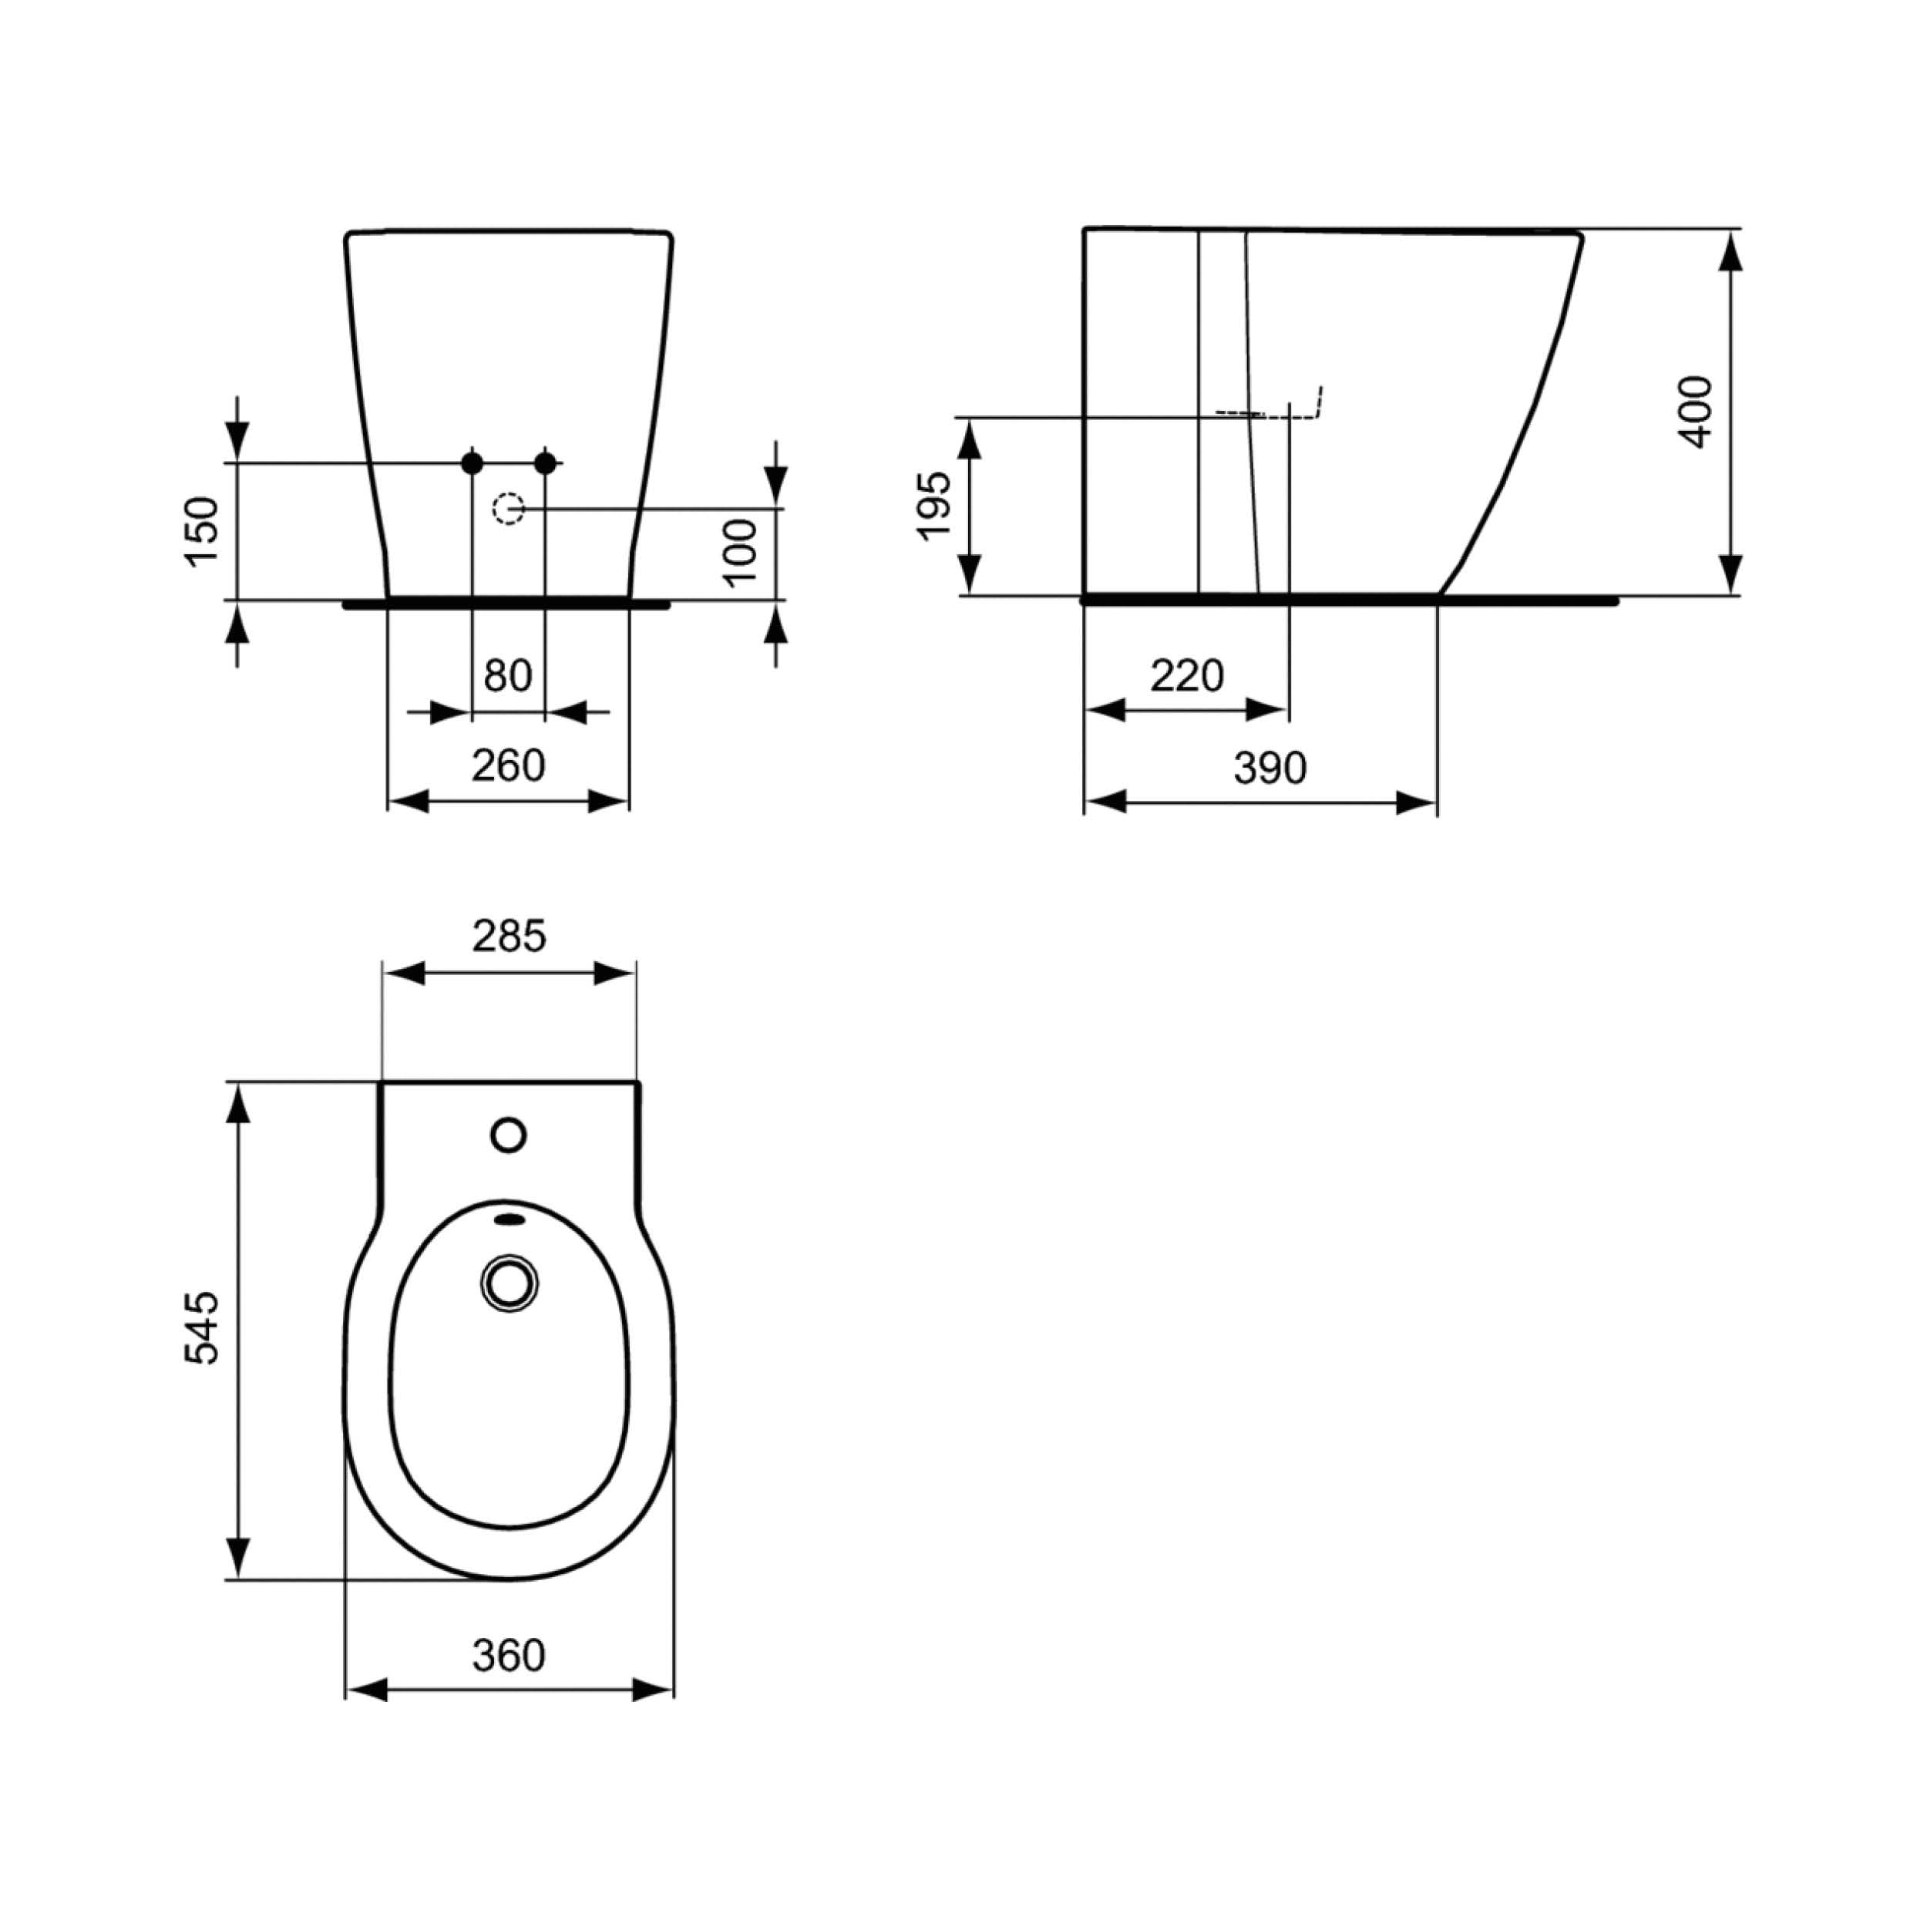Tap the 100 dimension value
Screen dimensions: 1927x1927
740,552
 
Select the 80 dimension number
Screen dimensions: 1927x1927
508,676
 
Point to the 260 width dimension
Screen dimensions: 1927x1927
509,766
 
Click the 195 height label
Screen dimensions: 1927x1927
934,506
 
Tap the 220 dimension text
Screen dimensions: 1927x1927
1187,676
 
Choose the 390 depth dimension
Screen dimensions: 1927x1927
1270,768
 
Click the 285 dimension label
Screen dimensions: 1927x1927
509,936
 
